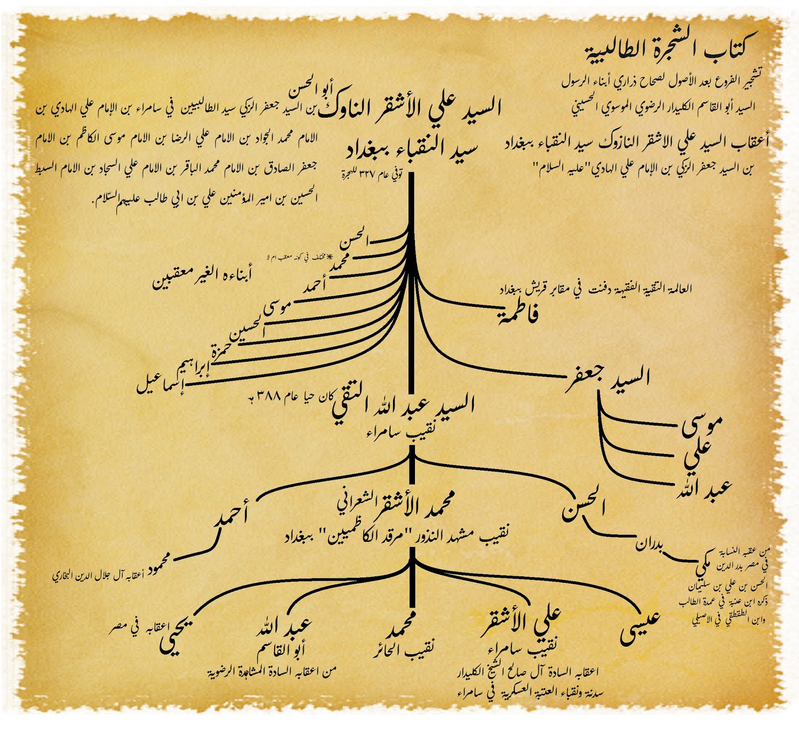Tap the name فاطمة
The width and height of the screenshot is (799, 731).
click(518, 314)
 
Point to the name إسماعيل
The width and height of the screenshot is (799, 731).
click(160, 384)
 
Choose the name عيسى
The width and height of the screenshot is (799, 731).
click(640, 626)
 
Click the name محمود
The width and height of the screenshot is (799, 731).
click(158, 563)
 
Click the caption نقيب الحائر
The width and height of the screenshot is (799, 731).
click(403, 649)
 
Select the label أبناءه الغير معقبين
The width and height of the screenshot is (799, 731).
click(202, 276)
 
